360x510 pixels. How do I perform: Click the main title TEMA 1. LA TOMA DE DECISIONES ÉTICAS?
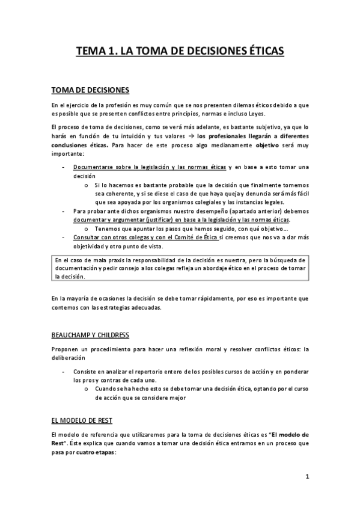[x=180, y=52]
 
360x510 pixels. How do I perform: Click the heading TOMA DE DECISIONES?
[x=90, y=91]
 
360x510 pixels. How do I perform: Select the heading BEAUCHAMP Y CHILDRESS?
[x=90, y=334]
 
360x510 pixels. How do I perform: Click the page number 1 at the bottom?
[x=307, y=478]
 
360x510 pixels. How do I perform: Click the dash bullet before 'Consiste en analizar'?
[x=63, y=372]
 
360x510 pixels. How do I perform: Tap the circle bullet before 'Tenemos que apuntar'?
[x=88, y=229]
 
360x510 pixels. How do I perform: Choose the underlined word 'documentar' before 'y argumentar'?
[x=93, y=220]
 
